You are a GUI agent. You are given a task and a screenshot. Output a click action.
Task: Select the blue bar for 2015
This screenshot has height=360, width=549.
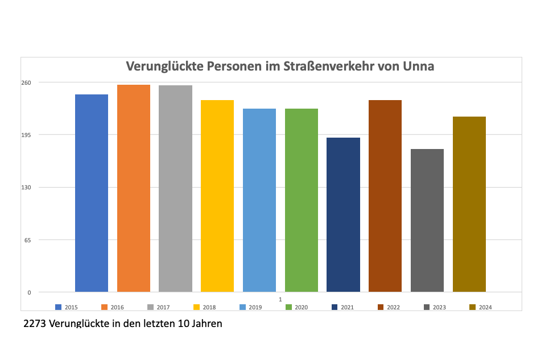click(92, 193)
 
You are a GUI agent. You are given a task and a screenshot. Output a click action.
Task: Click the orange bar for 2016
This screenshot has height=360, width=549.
click(134, 188)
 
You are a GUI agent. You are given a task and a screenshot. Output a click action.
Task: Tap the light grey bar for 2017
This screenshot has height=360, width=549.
click(175, 189)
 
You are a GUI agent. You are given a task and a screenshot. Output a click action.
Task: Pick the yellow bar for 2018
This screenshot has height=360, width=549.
click(217, 196)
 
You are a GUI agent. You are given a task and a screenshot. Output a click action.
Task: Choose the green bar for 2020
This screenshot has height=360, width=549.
click(302, 200)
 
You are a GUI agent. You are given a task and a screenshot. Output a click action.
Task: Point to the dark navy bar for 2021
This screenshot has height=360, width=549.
click(343, 215)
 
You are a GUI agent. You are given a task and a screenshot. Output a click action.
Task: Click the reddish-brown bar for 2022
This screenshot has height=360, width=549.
click(385, 196)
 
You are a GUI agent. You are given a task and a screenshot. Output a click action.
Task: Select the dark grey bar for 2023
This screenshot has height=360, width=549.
click(427, 221)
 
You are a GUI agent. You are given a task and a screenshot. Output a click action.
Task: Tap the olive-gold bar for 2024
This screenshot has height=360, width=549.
click(469, 204)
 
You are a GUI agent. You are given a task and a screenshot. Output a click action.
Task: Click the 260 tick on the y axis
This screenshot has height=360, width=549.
click(27, 82)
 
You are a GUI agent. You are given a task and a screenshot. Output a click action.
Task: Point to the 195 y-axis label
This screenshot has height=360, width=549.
click(27, 135)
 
